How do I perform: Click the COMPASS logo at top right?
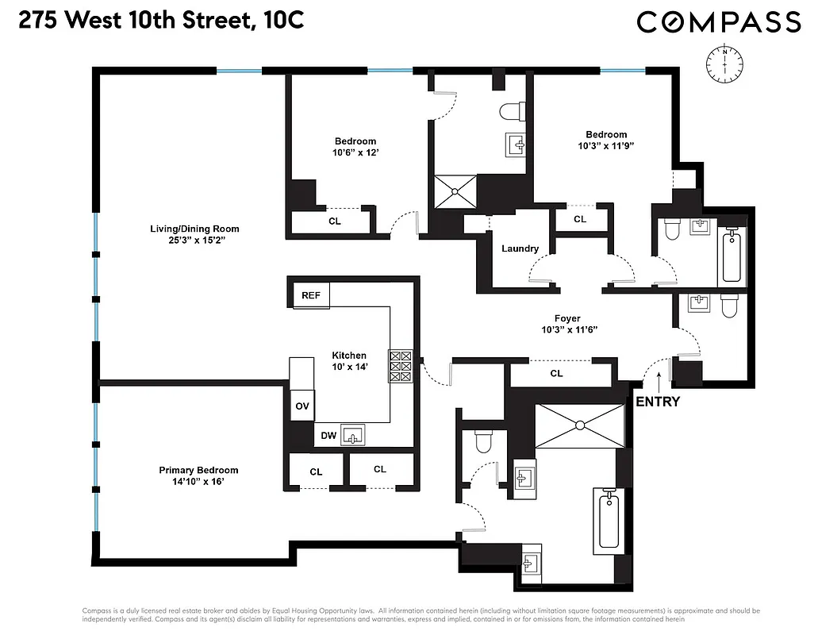click(x=719, y=21)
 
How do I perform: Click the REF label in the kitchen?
click(x=311, y=295)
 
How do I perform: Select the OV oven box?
click(x=302, y=406)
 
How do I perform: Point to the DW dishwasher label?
click(x=328, y=435)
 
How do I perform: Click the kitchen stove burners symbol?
click(x=399, y=367)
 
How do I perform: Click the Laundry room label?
click(x=520, y=248)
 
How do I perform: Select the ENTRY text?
click(x=658, y=402)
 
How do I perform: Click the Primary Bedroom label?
click(x=198, y=470)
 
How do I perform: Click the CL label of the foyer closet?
click(x=556, y=373)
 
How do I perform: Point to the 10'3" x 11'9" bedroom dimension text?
click(x=606, y=146)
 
